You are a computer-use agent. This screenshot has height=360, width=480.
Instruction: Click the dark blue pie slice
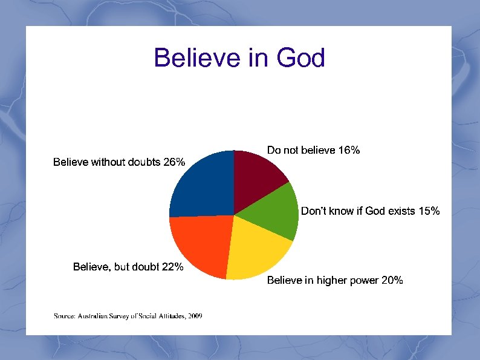[203, 185]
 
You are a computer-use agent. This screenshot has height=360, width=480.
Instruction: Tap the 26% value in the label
[174, 162]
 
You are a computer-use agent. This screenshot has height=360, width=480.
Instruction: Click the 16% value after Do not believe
[349, 150]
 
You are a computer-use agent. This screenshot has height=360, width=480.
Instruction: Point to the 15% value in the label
[429, 211]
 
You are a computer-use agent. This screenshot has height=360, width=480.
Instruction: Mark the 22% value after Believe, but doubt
[173, 267]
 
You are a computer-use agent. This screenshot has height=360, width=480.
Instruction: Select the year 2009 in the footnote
[195, 316]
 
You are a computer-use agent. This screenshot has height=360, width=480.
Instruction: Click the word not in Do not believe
[290, 150]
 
